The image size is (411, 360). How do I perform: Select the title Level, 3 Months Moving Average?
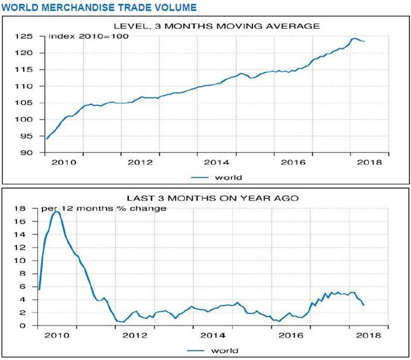click(x=217, y=25)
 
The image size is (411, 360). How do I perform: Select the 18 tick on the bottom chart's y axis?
click(x=28, y=209)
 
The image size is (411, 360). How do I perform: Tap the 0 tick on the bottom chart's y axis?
click(x=30, y=326)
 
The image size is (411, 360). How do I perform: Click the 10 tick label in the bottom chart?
click(x=28, y=261)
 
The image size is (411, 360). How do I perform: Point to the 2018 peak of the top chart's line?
click(x=355, y=39)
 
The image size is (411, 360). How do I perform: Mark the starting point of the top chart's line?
click(x=47, y=139)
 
